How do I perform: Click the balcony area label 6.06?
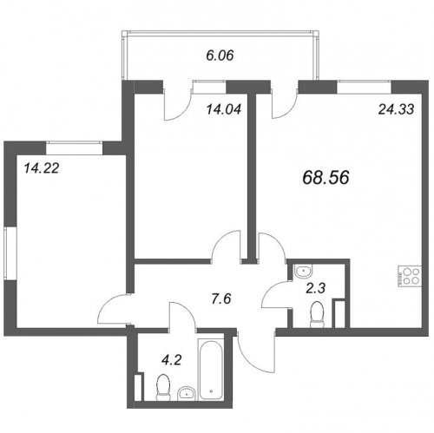(220, 56)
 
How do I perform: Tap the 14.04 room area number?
(224, 109)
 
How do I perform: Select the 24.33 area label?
(396, 109)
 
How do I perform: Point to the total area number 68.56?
(325, 177)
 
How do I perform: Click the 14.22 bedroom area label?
(42, 168)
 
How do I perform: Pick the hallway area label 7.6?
(221, 299)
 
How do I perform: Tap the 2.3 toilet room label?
(316, 288)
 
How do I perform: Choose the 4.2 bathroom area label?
(171, 360)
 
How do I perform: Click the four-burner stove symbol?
(410, 276)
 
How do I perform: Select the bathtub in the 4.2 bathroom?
(211, 370)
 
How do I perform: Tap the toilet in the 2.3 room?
(317, 315)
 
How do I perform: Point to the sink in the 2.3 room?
(303, 272)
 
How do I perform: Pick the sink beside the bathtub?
(187, 393)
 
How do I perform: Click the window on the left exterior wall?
(11, 253)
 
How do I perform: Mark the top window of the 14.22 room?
(75, 148)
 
